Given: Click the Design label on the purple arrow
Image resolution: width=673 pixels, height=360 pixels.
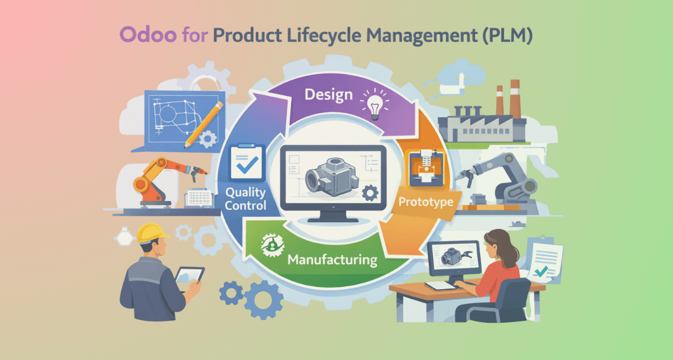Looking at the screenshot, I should click(x=329, y=94).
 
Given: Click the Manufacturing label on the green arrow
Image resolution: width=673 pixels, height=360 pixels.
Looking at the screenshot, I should click(x=332, y=259).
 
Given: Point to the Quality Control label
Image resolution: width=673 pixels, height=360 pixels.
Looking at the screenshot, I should click(x=245, y=199).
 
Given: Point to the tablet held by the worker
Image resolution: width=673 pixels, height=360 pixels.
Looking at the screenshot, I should click(x=189, y=274).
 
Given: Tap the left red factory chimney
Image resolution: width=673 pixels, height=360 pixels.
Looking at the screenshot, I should click(x=500, y=99).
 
